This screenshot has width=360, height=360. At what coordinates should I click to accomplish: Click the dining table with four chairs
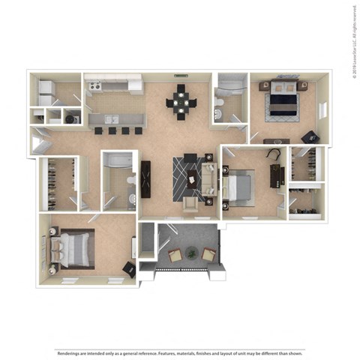point(181,103)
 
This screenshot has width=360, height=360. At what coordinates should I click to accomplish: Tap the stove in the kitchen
point(94,87)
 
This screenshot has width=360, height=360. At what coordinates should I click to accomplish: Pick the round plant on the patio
point(191,253)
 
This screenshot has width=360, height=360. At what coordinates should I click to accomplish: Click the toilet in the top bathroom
point(217,113)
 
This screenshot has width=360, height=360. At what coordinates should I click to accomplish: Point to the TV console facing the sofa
point(145,179)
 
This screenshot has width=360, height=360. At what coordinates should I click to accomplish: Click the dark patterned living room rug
point(185,178)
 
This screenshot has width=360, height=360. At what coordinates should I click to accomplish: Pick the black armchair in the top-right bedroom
point(309,136)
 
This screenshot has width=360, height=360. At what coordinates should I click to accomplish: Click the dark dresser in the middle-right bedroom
point(274,174)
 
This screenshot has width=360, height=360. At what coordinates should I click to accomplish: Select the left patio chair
point(174,256)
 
